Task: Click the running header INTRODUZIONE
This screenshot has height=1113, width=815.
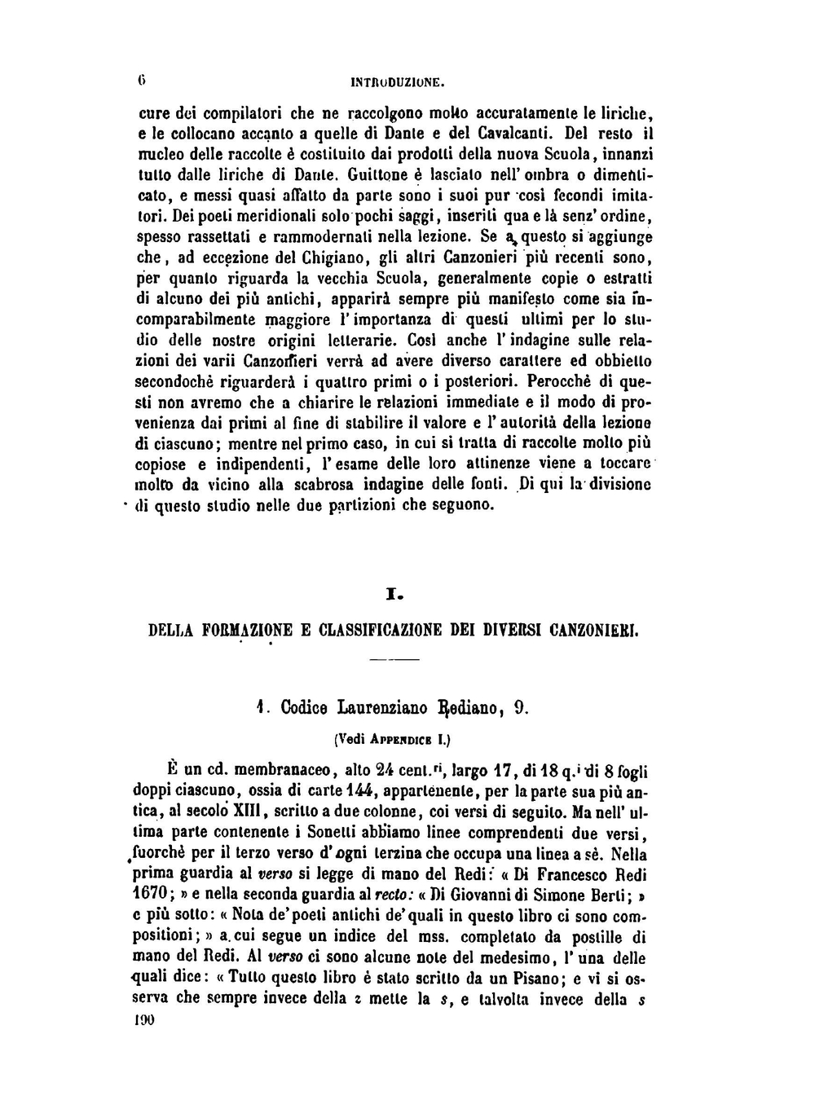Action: [396, 81]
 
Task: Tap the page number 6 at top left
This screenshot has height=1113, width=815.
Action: [141, 81]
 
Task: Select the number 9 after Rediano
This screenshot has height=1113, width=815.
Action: [521, 707]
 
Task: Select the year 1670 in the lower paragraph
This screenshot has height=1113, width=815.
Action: [149, 895]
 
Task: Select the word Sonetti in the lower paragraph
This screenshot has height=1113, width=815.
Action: [315, 833]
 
